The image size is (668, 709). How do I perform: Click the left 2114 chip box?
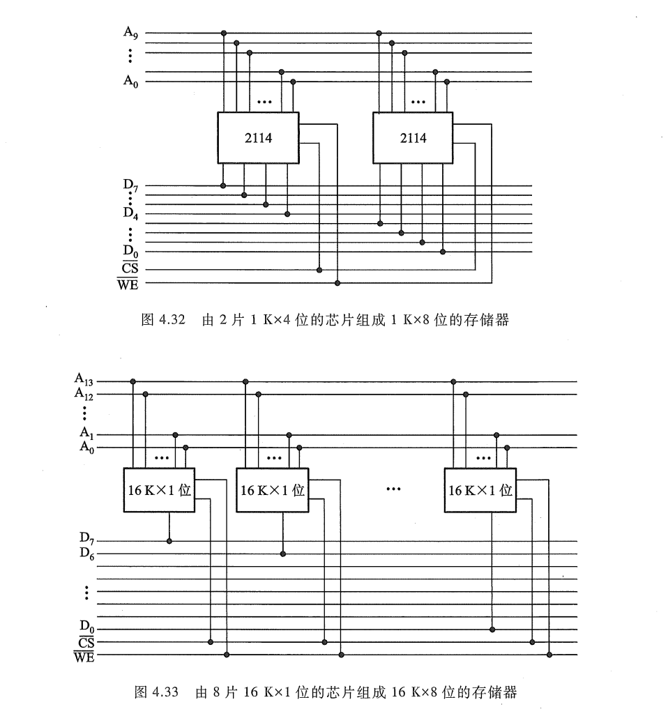[x=258, y=137]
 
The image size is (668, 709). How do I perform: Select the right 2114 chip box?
[x=413, y=137]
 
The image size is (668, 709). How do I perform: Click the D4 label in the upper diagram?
[x=130, y=212]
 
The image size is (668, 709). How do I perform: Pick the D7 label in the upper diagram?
[x=130, y=185]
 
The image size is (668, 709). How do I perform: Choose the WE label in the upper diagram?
[x=128, y=283]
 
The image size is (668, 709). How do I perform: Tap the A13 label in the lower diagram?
[x=84, y=380]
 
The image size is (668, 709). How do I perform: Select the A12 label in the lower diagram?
[x=84, y=393]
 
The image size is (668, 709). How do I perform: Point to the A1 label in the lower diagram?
[x=86, y=434]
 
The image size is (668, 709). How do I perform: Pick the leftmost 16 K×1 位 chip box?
[x=158, y=489]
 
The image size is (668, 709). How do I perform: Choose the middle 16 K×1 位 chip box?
[x=272, y=489]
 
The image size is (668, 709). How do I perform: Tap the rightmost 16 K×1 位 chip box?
[x=480, y=489]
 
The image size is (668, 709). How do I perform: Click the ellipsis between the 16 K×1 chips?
[x=393, y=489]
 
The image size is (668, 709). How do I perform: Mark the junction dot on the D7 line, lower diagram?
[x=169, y=540]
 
